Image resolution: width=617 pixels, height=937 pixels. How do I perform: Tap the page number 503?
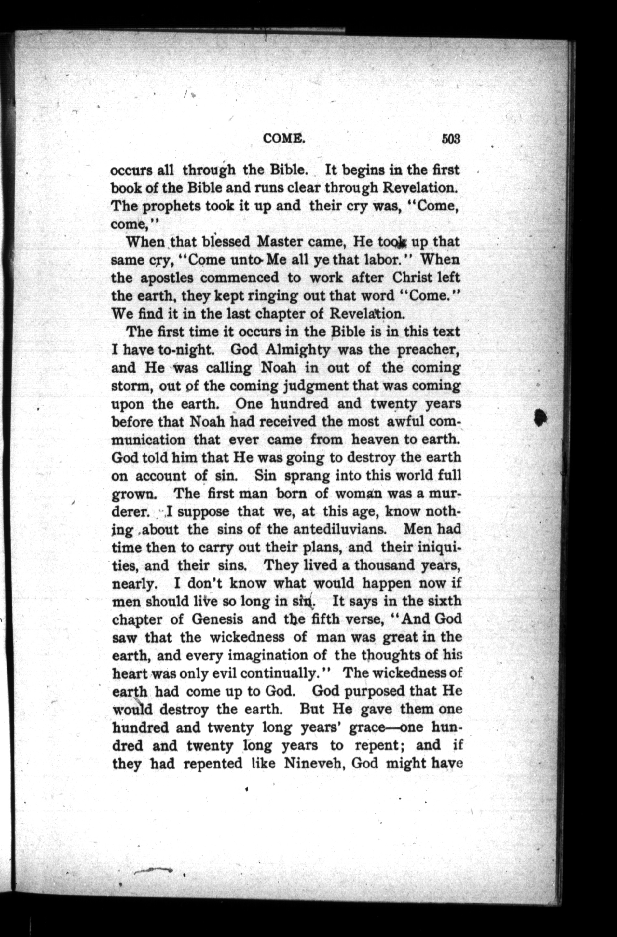click(450, 139)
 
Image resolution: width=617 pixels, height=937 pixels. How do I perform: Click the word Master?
click(280, 241)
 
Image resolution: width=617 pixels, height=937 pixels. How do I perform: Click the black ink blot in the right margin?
click(542, 416)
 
